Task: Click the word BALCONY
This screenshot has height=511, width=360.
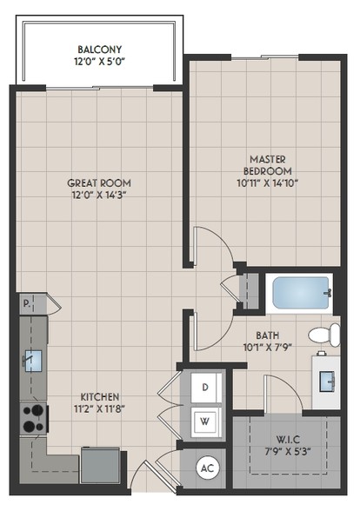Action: pos(99,50)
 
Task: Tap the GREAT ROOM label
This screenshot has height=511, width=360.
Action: pos(99,183)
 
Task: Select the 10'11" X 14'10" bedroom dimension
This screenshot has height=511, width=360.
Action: pos(268,183)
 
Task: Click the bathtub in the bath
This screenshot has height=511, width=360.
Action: pos(300,293)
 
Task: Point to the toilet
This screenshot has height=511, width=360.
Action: pos(324,335)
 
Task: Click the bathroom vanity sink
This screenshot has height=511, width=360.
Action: pos(327,381)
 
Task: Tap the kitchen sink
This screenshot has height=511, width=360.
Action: pos(33,361)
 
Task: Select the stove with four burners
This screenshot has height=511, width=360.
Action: pos(34,419)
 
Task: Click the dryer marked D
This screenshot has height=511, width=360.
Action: pos(206,388)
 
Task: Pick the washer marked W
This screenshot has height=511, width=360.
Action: pos(206,421)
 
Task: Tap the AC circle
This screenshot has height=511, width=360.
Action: pos(207,468)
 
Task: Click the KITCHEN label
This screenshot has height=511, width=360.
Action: pos(100,397)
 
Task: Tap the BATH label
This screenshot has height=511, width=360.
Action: pos(268,335)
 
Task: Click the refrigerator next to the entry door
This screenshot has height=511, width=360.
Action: pos(100,465)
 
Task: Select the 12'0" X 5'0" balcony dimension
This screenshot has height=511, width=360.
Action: pos(99,62)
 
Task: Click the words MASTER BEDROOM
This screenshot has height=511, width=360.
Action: pos(268,165)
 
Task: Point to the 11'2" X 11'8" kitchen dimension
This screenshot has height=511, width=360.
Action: pos(100,408)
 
